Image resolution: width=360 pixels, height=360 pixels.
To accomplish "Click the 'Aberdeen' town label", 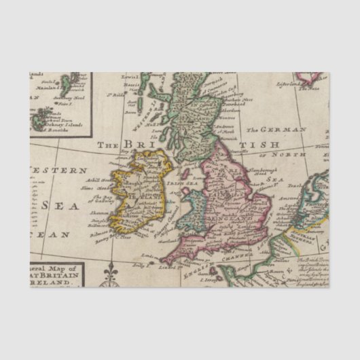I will [234, 111].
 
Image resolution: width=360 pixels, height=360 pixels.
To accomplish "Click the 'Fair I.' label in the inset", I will [67, 104].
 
